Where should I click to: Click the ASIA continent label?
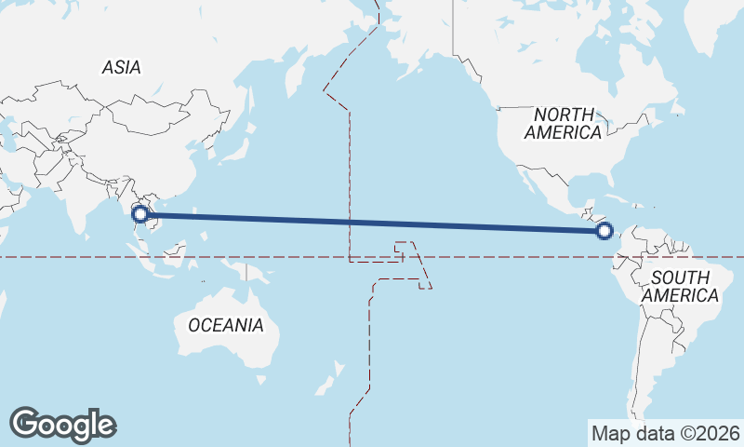[121, 67]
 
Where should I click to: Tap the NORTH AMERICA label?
[563, 123]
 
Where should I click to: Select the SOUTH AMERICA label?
[682, 286]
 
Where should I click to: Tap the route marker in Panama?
[604, 230]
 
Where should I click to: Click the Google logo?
[62, 425]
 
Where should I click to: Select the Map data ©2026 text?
[666, 433]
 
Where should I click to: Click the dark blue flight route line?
[372, 223]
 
